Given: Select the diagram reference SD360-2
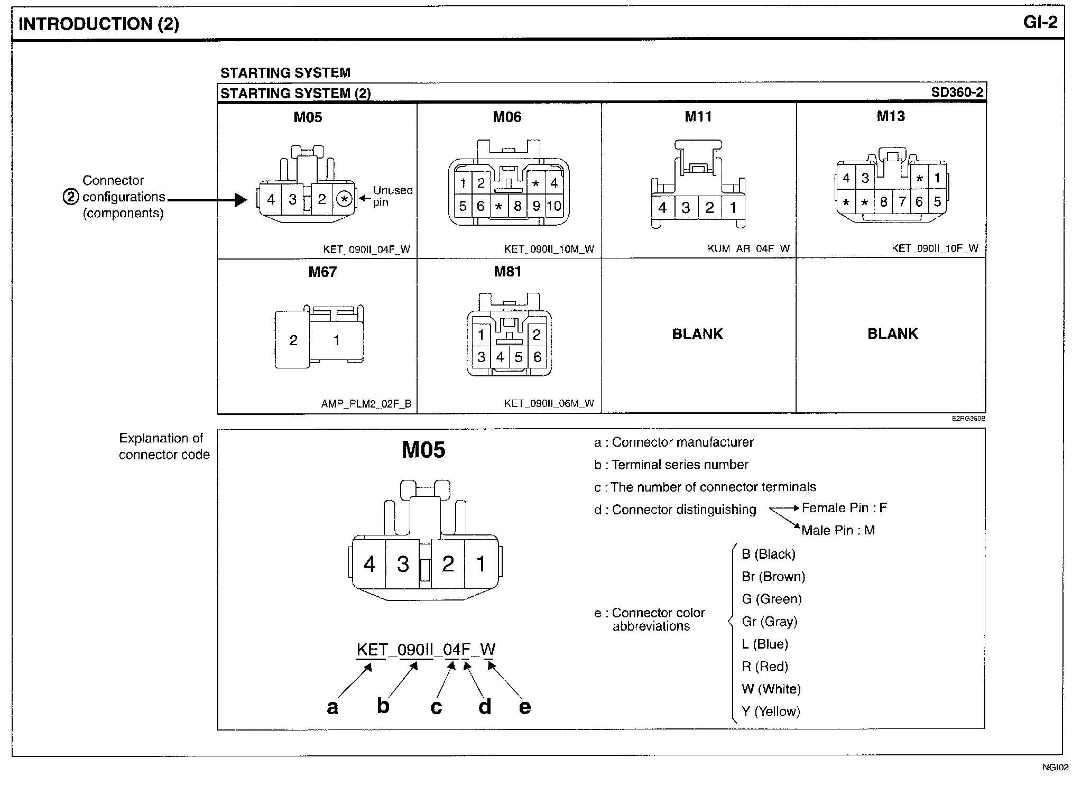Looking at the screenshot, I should [957, 93].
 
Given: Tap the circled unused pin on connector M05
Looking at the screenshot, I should [345, 199].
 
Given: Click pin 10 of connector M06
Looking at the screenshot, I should [554, 206].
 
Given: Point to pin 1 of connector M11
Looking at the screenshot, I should [733, 208].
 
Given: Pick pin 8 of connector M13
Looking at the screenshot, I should [883, 201].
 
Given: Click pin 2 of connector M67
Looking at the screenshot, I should [293, 340].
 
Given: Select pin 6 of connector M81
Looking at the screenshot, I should [537, 357].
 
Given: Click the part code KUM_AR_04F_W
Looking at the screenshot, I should [748, 248].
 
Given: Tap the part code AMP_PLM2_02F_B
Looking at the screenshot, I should [366, 404].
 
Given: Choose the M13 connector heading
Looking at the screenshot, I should [891, 116].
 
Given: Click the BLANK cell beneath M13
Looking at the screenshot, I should [892, 334].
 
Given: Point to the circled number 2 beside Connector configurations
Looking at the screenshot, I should [70, 197].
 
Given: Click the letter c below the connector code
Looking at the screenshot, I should [436, 707].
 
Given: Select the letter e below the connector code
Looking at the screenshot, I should [524, 707].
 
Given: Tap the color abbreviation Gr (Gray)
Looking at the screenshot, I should [769, 622].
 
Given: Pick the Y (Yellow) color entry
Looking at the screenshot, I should [771, 711].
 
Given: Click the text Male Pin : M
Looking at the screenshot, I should [838, 530].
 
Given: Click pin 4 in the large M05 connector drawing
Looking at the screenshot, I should [369, 564].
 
